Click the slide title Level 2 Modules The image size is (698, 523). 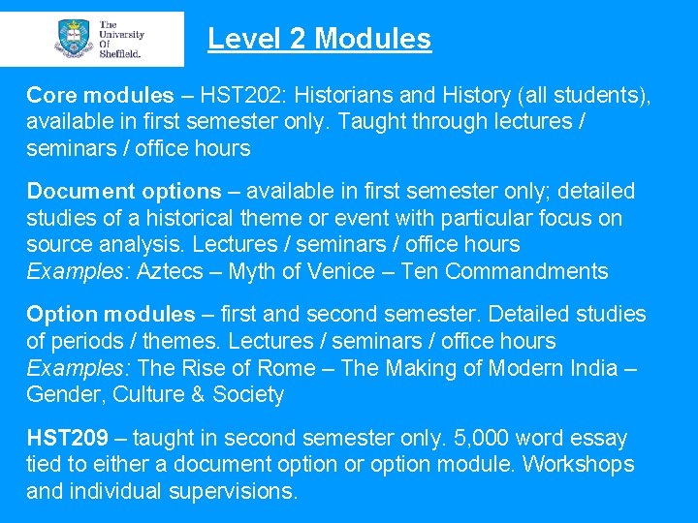click(x=319, y=39)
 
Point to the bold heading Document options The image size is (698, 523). click(x=124, y=191)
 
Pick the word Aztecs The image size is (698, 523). click(x=170, y=271)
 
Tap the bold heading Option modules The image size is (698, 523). click(x=111, y=314)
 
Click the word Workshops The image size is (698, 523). click(x=579, y=464)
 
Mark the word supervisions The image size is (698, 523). click(x=233, y=491)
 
